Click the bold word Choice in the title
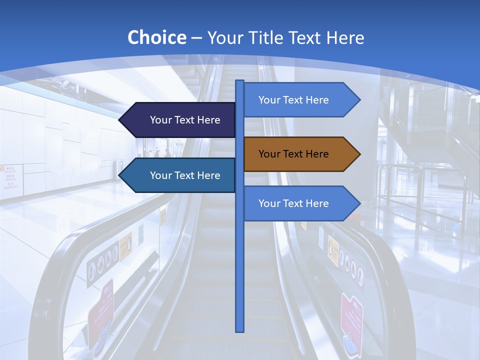156,37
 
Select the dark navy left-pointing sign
180,120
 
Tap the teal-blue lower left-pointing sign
180,175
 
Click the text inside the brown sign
293,154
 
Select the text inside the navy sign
185,120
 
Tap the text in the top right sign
293,100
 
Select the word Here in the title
345,37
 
